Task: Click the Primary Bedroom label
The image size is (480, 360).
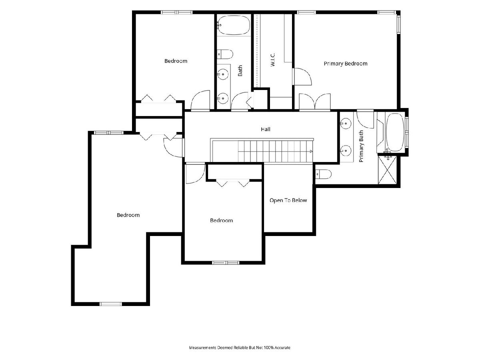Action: point(345,64)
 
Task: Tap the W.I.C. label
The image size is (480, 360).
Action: point(272,60)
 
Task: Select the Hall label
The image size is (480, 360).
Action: point(266,129)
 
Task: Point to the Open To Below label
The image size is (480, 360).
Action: point(288,200)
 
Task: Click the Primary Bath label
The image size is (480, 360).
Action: point(361,146)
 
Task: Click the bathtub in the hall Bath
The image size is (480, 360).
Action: point(234,25)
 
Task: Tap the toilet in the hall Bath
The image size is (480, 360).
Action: point(225,54)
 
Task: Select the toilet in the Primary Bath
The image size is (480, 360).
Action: point(323,174)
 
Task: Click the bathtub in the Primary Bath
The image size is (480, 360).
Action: point(395,132)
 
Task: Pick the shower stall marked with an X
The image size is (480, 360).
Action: point(387,170)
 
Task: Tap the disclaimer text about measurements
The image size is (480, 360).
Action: point(240,347)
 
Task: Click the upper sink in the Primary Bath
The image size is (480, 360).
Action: point(346,124)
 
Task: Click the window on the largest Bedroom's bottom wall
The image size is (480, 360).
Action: point(111,304)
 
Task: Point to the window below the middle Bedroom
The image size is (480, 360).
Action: point(226,263)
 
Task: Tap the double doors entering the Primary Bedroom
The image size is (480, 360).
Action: point(315,102)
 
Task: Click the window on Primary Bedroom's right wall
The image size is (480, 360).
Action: point(399,25)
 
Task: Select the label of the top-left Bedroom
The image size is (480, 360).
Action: point(176,61)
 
